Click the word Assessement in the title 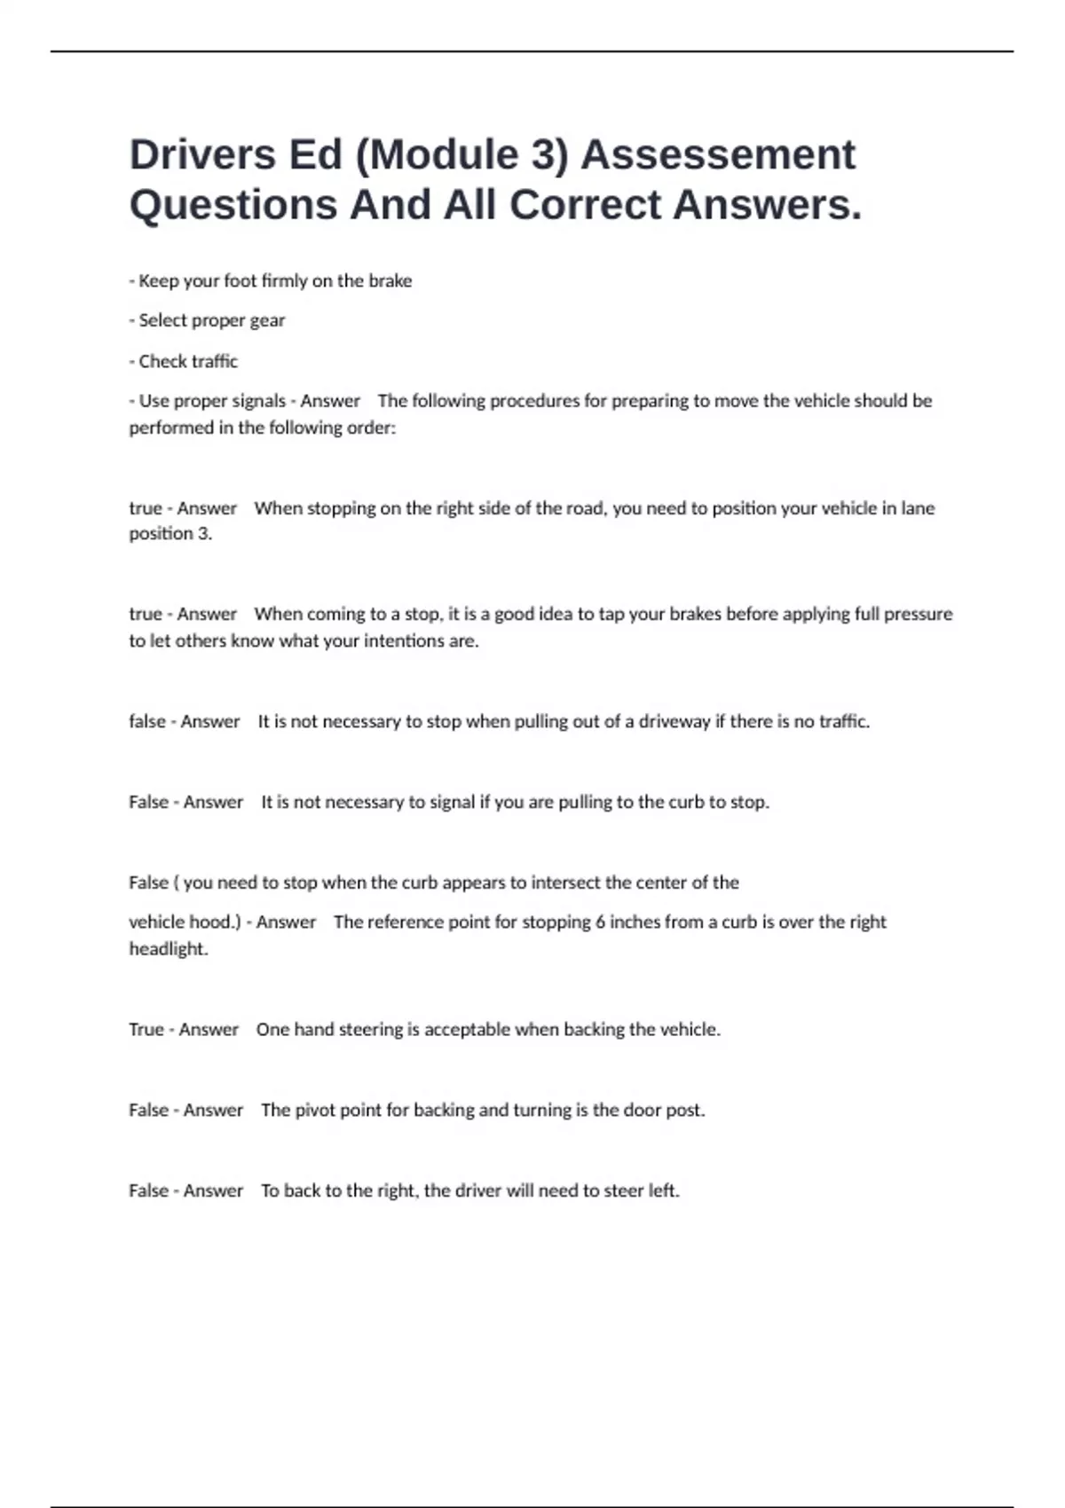click(718, 155)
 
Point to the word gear click(267, 321)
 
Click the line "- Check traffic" click(184, 362)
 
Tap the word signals click(256, 401)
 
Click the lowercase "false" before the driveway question click(147, 721)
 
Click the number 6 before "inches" click(600, 923)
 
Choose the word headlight click(168, 949)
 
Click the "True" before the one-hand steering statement click(146, 1030)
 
